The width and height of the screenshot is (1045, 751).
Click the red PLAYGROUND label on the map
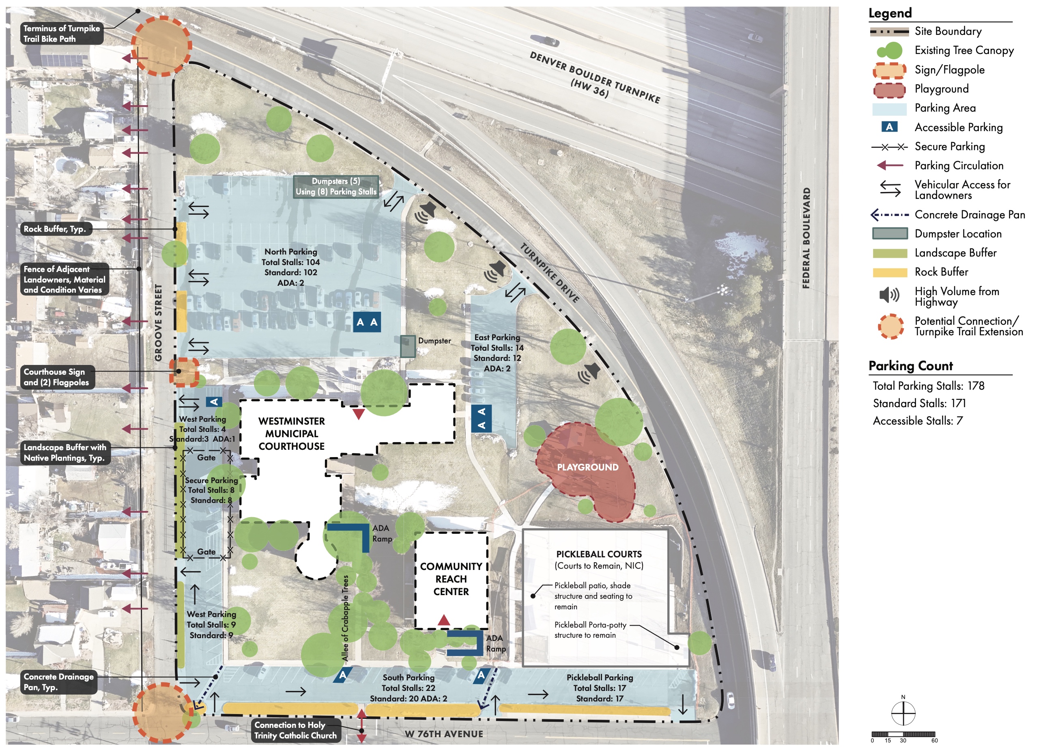point(587,467)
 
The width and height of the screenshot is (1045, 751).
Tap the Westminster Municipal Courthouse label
point(292,434)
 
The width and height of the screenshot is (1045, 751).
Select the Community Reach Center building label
point(451,579)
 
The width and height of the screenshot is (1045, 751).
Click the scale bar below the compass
point(903,734)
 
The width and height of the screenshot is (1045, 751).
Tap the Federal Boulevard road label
point(806,238)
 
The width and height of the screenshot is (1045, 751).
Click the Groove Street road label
point(158,323)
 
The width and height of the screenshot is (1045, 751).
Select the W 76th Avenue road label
point(444,734)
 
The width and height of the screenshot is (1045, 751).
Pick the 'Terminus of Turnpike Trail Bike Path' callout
point(62,34)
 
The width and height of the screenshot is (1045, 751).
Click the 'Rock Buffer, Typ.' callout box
point(55,229)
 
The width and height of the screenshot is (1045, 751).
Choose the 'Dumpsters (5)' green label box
point(336,186)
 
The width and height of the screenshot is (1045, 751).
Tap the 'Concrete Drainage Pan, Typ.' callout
point(58,682)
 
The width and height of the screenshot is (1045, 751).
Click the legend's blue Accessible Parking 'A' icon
point(889,127)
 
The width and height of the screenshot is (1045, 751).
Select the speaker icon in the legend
point(889,295)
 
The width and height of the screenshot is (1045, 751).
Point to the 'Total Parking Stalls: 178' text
point(929,386)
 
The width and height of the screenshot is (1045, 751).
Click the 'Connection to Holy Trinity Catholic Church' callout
point(296,730)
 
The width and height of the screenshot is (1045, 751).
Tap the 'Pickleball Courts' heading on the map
point(599,554)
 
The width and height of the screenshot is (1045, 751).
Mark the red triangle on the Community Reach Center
point(444,619)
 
